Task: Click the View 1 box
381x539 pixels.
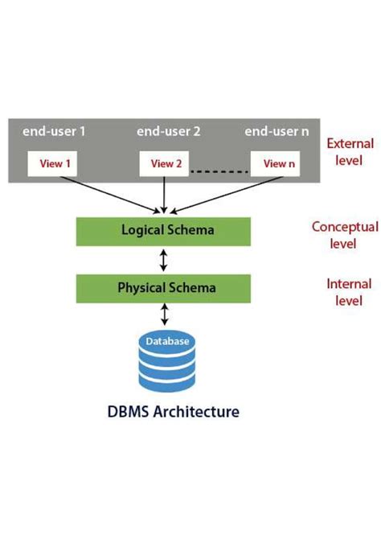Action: pos(57,164)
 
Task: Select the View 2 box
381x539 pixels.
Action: pos(166,164)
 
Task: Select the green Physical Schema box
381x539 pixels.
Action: pos(168,286)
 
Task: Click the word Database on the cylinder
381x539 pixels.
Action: pos(167,342)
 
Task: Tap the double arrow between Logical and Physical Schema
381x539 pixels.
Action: pos(165,258)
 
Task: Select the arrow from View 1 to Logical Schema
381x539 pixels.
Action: pos(104,193)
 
